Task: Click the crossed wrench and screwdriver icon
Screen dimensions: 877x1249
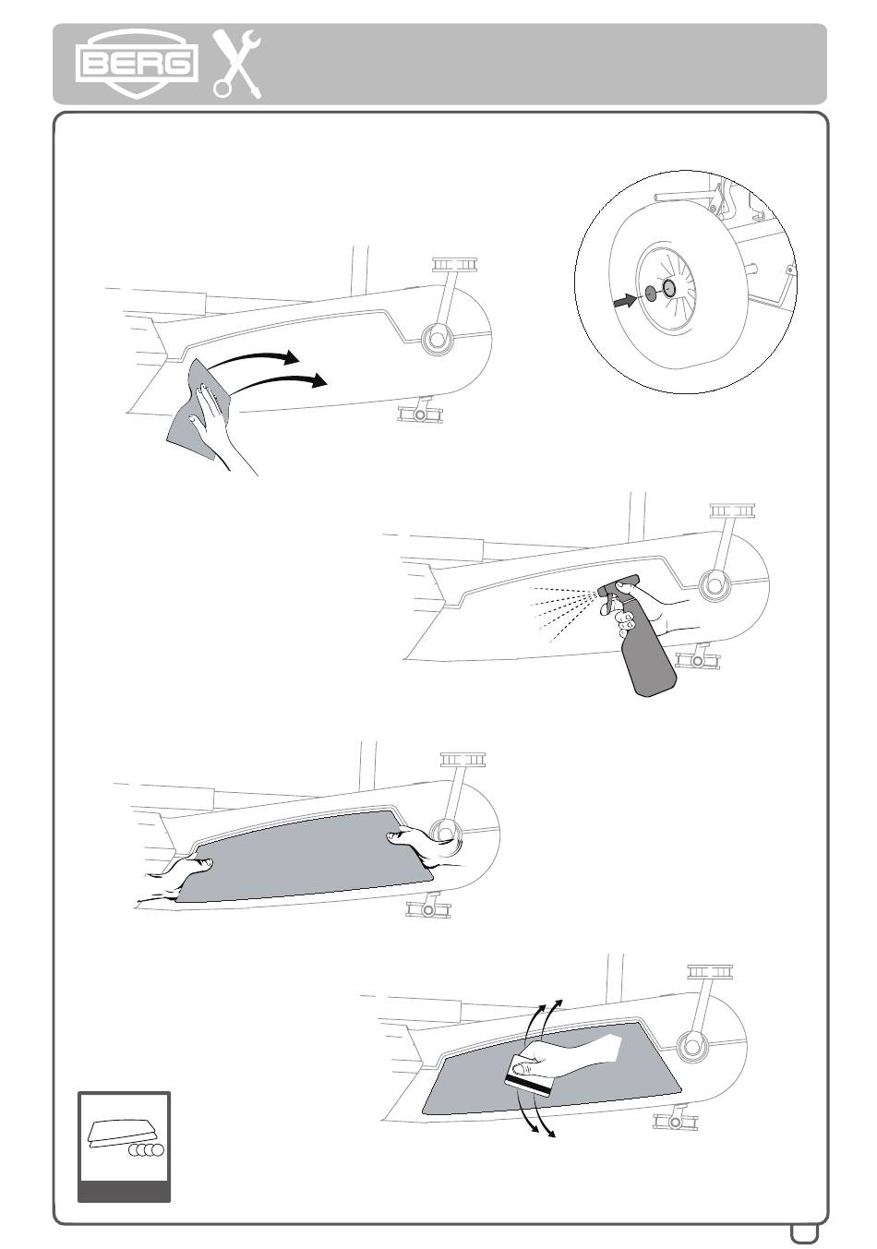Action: pyautogui.click(x=237, y=64)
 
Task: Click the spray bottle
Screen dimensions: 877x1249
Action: pyautogui.click(x=646, y=646)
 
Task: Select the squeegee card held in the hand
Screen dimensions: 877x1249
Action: pyautogui.click(x=529, y=1081)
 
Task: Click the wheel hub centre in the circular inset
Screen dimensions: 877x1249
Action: pyautogui.click(x=668, y=289)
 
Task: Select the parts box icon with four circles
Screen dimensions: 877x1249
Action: pyautogui.click(x=124, y=1146)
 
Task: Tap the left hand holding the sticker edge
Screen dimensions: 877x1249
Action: pyautogui.click(x=180, y=872)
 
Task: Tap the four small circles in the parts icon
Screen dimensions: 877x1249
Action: pyautogui.click(x=146, y=1150)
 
